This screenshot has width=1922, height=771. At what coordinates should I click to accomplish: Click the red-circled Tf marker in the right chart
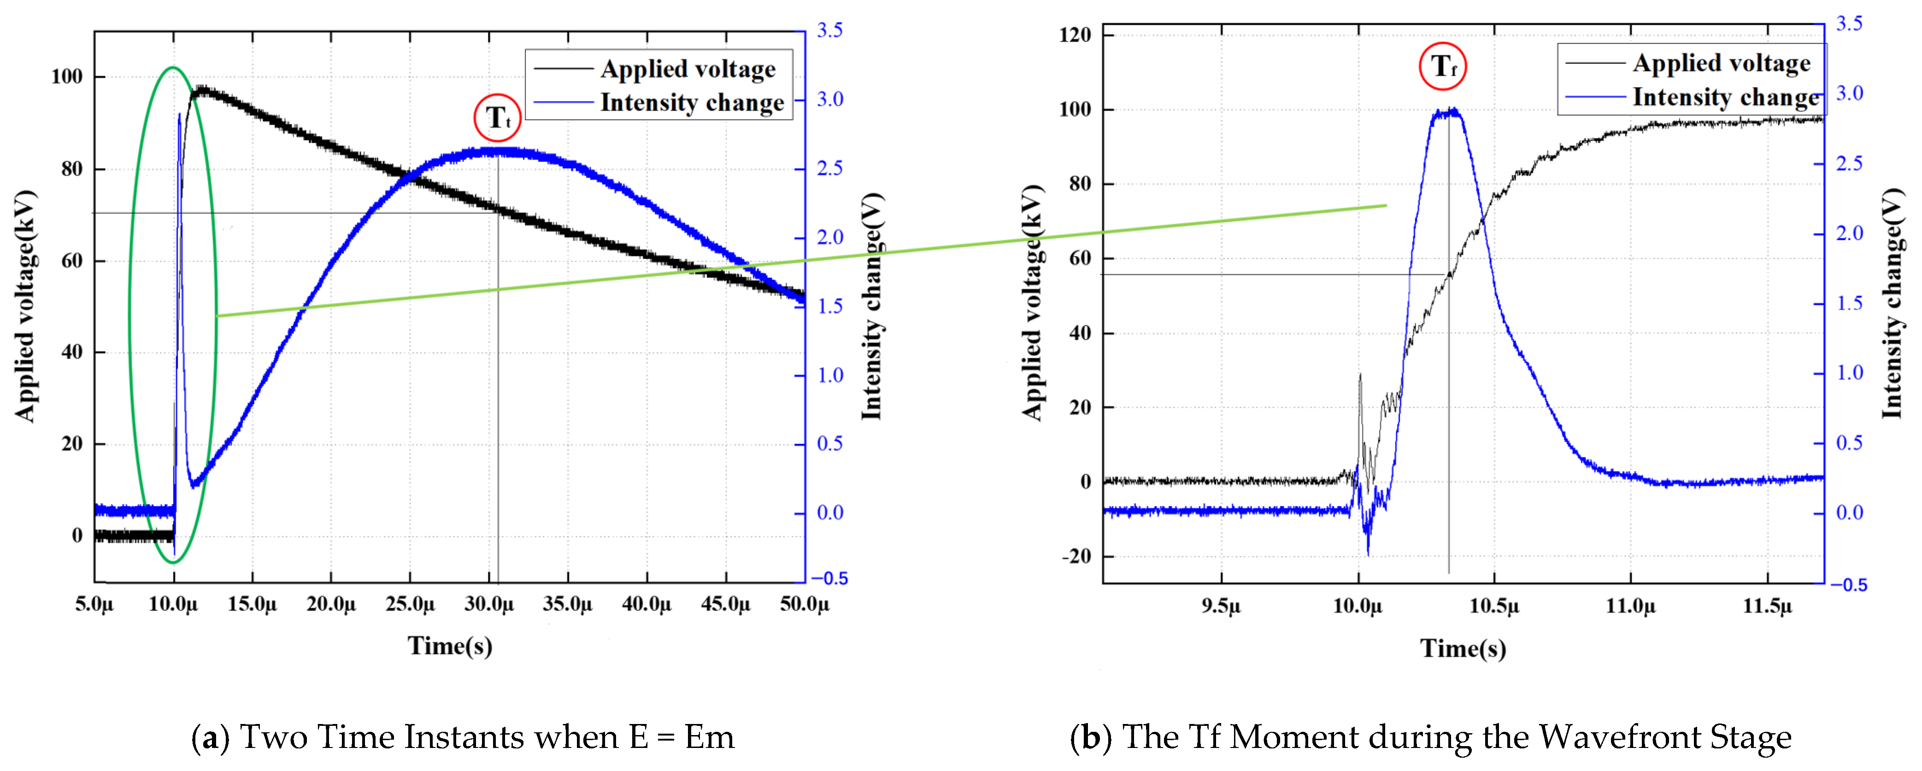(1442, 66)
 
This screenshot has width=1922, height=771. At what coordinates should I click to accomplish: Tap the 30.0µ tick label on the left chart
(489, 604)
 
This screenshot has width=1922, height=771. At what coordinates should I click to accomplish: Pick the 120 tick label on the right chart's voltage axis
(1075, 35)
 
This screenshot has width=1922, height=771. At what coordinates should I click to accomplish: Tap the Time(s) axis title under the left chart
(450, 646)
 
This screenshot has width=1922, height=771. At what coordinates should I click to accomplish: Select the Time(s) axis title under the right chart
(1463, 648)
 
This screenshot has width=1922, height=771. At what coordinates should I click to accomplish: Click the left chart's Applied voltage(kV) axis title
(25, 306)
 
